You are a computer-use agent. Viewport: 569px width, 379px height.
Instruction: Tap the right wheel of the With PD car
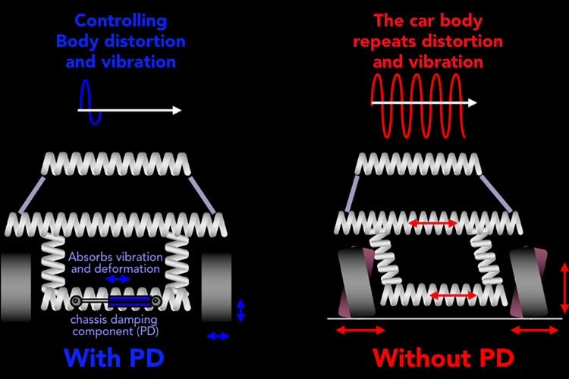tap(216, 287)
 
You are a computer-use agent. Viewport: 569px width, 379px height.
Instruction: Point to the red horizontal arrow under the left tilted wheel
tap(360, 330)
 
